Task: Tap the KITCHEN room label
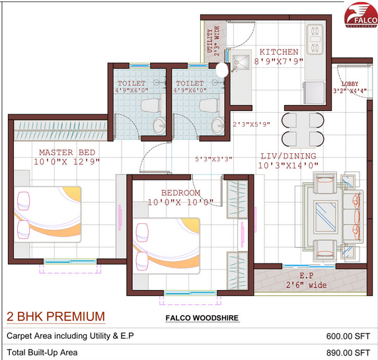click(x=278, y=52)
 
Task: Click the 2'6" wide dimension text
click(x=306, y=285)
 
